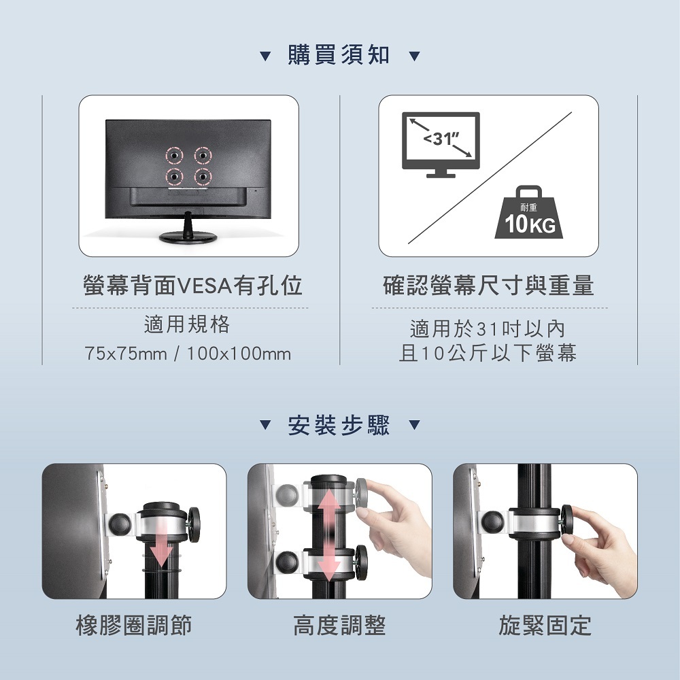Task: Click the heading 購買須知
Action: [338, 55]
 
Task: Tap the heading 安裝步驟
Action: [338, 425]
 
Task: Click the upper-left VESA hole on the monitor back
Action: [174, 155]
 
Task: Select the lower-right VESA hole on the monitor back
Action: [203, 177]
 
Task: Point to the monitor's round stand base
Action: [188, 237]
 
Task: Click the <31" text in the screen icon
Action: [441, 139]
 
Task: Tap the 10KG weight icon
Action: [528, 212]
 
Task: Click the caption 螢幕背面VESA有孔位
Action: [192, 286]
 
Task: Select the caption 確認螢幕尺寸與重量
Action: [488, 286]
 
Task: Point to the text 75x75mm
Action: [126, 354]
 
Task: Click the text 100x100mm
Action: [239, 354]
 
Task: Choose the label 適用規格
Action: [187, 324]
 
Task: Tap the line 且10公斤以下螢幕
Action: [488, 352]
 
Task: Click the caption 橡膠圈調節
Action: [133, 626]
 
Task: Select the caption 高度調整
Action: [339, 626]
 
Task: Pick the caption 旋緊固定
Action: [545, 626]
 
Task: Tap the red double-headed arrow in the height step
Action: [329, 534]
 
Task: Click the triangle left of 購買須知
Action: [265, 56]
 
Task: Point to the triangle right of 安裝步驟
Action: [415, 424]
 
